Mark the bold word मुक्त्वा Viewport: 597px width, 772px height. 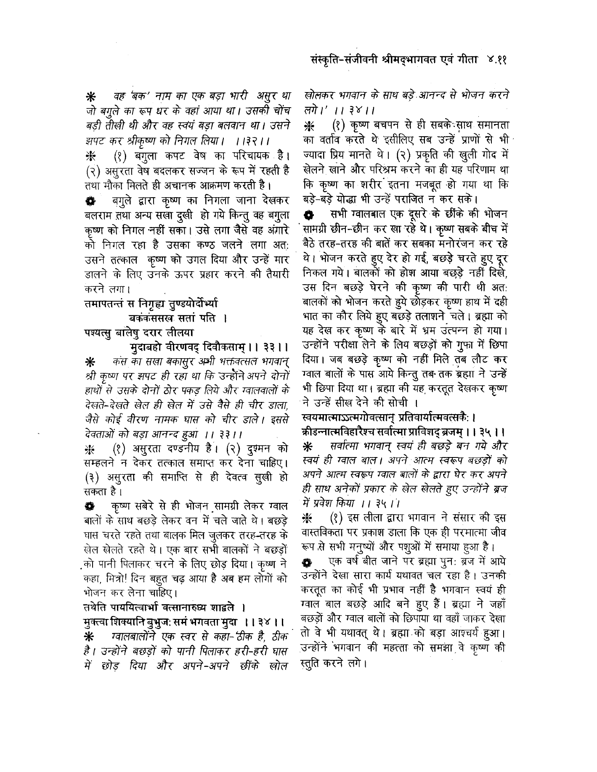pyautogui.click(x=96, y=622)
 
